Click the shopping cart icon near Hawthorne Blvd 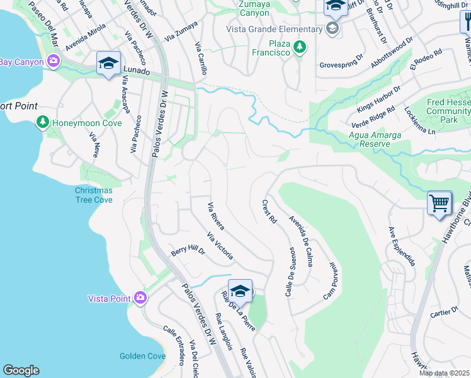[x=440, y=203]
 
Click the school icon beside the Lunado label [x=109, y=64]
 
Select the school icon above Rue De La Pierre [x=240, y=291]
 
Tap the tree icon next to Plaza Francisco [x=300, y=47]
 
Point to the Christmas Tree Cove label [x=94, y=195]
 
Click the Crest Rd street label [x=270, y=212]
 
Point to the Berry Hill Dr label [x=188, y=251]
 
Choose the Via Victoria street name [x=220, y=246]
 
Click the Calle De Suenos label [x=292, y=272]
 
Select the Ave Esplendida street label [x=401, y=246]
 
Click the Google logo [x=21, y=370]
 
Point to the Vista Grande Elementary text [x=276, y=29]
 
